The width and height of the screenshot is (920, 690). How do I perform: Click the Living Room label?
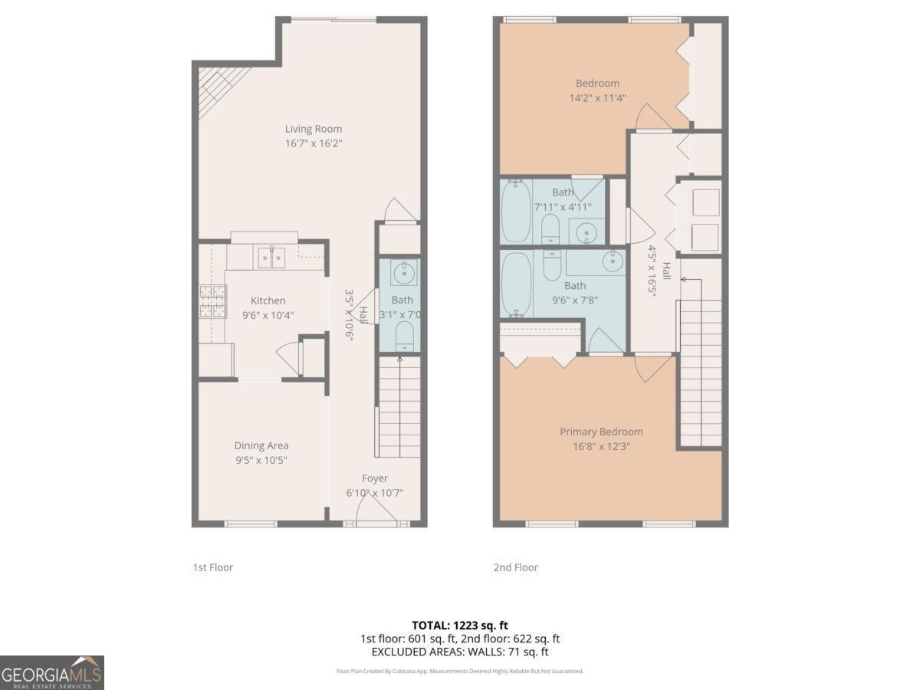click(314, 129)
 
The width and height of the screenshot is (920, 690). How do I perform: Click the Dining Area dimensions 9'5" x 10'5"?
click(261, 460)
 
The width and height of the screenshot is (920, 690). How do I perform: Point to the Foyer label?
click(375, 478)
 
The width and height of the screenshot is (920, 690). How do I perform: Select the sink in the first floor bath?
click(402, 272)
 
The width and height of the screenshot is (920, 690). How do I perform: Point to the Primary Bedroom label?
click(601, 432)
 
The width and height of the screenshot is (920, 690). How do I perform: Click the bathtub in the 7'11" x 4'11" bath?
click(514, 211)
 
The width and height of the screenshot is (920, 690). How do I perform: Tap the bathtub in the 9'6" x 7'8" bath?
click(515, 284)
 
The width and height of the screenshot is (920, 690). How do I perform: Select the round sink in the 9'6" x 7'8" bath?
click(613, 261)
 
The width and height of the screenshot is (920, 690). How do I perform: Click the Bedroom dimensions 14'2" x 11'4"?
click(597, 97)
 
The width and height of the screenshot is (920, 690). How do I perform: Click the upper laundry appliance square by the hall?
click(705, 202)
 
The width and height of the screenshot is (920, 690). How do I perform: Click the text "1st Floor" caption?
click(212, 567)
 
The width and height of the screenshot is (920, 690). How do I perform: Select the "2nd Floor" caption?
click(515, 567)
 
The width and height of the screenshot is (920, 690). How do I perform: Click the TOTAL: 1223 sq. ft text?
click(460, 626)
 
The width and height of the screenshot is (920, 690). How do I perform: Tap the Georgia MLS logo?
click(52, 672)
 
